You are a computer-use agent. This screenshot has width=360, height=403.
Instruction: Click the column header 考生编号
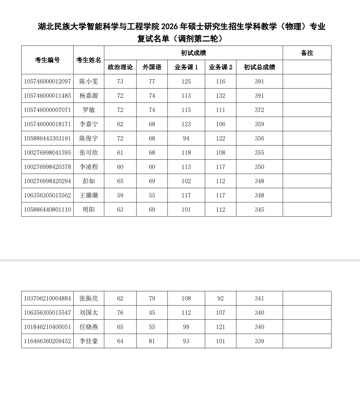[x=47, y=60]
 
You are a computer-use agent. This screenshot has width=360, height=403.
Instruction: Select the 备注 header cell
[x=307, y=53]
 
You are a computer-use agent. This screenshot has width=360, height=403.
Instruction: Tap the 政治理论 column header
[x=120, y=67]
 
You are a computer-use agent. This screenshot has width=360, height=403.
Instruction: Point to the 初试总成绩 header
[x=259, y=67]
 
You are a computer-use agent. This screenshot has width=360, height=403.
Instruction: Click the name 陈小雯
[x=89, y=81]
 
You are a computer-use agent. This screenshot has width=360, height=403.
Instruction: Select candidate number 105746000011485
[x=47, y=96]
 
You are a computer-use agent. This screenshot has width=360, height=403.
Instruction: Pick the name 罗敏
[x=89, y=110]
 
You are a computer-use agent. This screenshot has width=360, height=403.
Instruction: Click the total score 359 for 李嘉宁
[x=259, y=124]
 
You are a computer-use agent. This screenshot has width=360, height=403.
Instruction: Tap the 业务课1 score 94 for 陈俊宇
[x=186, y=138]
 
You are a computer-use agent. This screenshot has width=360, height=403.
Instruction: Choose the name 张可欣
[x=89, y=153]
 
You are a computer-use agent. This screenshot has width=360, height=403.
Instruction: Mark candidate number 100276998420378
[x=47, y=167]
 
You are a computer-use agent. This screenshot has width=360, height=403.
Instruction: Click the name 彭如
[x=89, y=181]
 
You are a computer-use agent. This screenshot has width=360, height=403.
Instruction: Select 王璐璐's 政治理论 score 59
[x=120, y=195]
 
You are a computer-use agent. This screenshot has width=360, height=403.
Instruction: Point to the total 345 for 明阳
[x=259, y=210]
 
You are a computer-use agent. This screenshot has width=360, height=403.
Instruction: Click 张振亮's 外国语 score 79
[x=152, y=298]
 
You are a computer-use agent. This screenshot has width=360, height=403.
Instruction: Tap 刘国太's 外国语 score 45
[x=152, y=313]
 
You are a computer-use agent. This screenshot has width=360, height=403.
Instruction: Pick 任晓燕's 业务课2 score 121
[x=220, y=327]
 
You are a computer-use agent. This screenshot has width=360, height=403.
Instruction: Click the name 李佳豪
[x=89, y=341]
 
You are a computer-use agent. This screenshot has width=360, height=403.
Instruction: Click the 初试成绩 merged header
[x=193, y=53]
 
